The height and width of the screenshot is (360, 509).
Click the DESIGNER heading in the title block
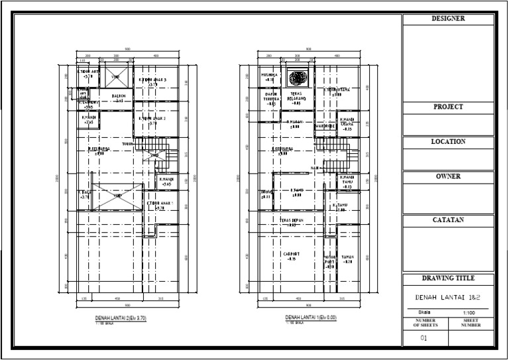449,19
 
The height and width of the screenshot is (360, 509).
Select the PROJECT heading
449,107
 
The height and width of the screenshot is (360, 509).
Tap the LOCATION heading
449,142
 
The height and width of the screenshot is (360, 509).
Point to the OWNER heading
449,177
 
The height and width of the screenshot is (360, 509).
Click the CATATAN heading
449,220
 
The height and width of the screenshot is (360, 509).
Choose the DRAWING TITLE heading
449,278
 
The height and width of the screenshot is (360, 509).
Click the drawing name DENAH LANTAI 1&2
449,298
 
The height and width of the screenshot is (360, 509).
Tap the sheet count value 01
424,338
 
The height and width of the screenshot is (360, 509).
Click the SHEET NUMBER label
471,323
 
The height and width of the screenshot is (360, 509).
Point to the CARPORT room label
290,254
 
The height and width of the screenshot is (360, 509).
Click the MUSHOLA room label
269,76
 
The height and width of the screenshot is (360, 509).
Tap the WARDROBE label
324,125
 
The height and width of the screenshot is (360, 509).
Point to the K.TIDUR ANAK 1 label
160,204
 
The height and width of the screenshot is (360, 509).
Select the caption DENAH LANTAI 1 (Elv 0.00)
311,318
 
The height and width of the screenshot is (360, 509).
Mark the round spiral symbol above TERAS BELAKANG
296,77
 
